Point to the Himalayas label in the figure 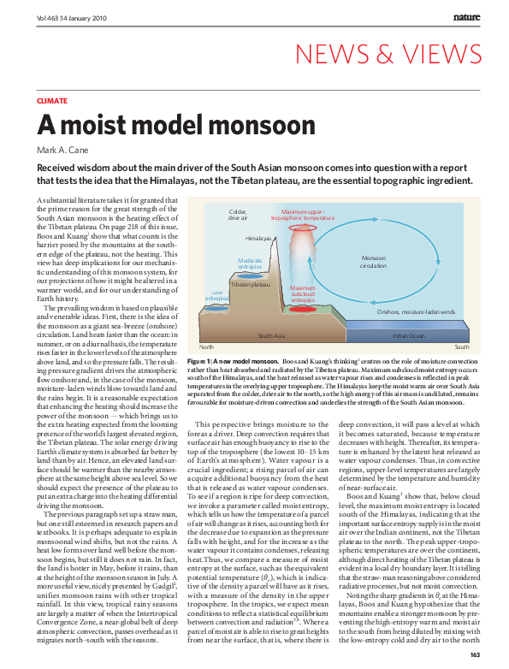(257, 237)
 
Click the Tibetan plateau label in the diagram (251, 283)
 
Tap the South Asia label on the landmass (271, 335)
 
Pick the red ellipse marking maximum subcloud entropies (303, 311)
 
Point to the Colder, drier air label (238, 214)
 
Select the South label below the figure (462, 347)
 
